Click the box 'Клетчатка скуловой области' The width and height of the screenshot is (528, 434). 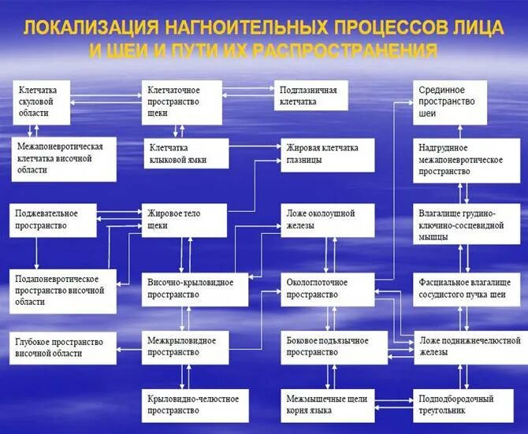point(42,102)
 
